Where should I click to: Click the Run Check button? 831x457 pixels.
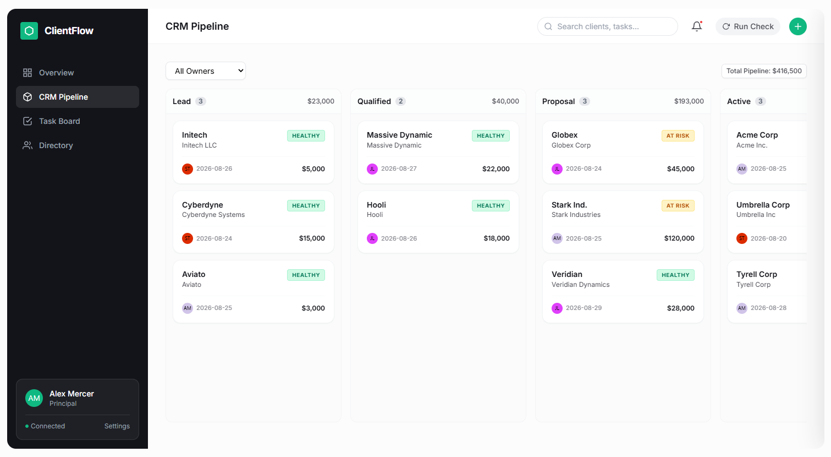click(747, 26)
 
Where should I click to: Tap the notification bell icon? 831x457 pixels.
click(697, 26)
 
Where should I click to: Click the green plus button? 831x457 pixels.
click(797, 26)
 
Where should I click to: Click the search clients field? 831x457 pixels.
click(607, 26)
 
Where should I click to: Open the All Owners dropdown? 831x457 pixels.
click(206, 70)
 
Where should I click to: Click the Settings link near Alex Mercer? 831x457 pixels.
click(117, 426)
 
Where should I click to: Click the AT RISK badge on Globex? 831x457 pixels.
click(678, 135)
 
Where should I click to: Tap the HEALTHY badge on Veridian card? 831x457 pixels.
click(675, 275)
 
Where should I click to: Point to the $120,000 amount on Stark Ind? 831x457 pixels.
click(679, 238)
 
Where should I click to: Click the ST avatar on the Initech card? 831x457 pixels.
click(188, 168)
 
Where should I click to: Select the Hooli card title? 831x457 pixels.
click(376, 205)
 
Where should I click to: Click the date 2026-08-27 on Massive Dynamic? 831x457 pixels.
click(399, 168)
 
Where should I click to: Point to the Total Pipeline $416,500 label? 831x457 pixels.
click(764, 71)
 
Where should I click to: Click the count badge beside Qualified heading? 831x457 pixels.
click(400, 101)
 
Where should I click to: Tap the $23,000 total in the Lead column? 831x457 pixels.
click(321, 101)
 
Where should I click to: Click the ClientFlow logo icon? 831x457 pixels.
click(29, 30)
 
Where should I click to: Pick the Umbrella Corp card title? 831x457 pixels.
click(763, 205)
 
